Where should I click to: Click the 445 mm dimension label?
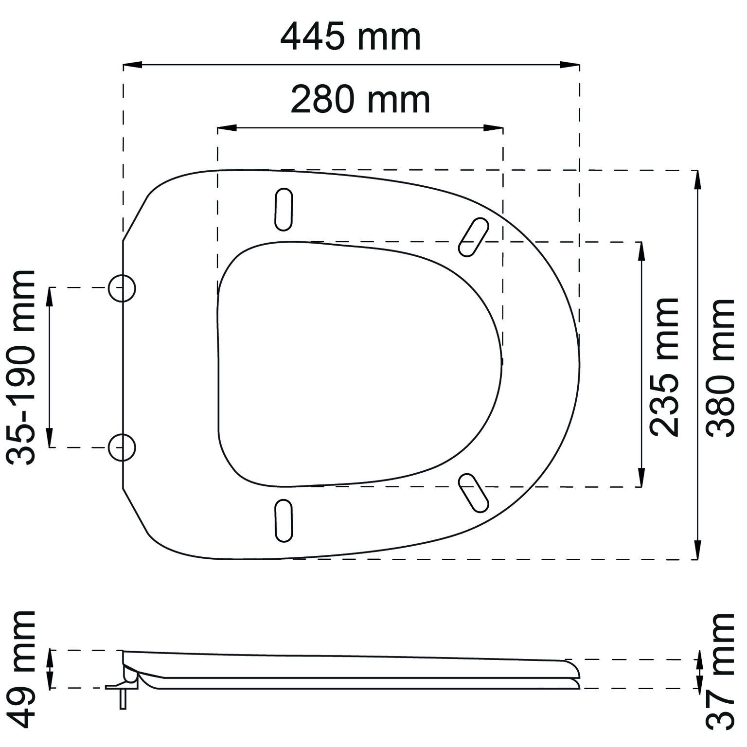tap(351, 37)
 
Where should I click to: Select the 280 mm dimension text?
tap(360, 100)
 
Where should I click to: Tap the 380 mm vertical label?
tap(720, 368)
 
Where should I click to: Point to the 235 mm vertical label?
tap(664, 367)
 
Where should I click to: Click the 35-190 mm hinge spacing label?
tap(21, 367)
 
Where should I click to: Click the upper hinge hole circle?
tap(122, 288)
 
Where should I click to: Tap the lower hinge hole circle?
tap(122, 447)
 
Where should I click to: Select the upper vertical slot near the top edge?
tap(284, 209)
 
